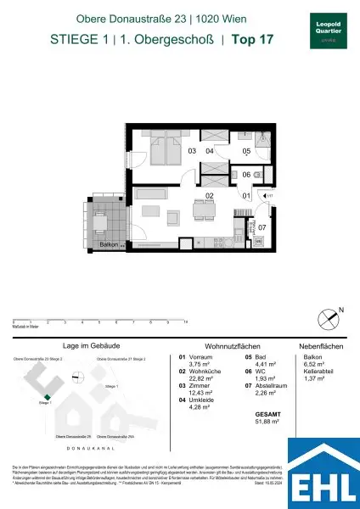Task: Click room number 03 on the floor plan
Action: pos(192,151)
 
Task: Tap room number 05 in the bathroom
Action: pos(246,152)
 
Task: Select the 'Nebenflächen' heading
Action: pos(318,347)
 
